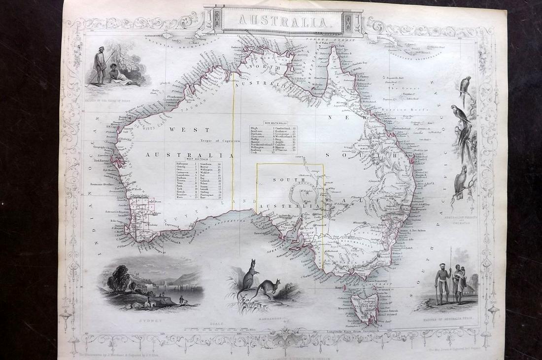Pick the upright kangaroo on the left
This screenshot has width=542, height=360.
246,285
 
